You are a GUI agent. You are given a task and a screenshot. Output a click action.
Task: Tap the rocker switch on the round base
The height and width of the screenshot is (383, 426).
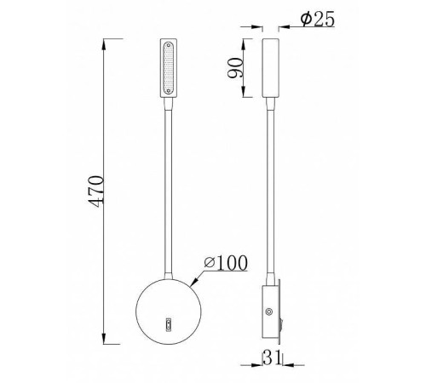(168, 324)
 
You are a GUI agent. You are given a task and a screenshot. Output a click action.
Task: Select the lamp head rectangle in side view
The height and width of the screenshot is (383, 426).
(271, 67)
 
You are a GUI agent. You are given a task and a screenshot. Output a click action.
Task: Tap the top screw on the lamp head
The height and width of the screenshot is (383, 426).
(168, 43)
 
